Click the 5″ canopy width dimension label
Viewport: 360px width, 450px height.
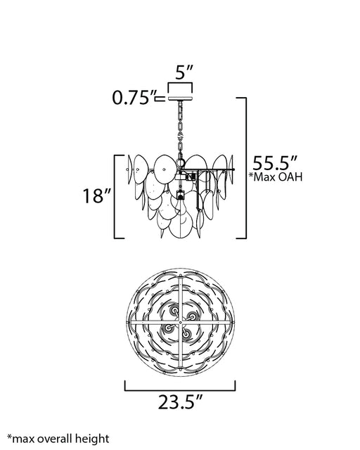point(184,72)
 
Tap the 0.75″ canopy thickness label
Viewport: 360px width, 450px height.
point(134,98)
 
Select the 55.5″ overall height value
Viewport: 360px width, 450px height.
point(275,163)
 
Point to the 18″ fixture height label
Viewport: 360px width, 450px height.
point(97,196)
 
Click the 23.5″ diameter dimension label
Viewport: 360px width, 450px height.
point(181,402)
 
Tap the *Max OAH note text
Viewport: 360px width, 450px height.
point(276,176)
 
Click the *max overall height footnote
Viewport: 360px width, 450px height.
point(58,439)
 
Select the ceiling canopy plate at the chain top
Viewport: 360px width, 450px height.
point(180,98)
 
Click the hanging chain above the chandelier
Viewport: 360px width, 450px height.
point(181,129)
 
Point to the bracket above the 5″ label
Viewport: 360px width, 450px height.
point(180,83)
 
